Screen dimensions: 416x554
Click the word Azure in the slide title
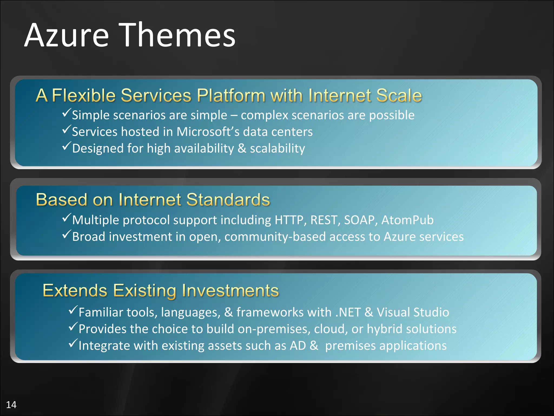pos(67,35)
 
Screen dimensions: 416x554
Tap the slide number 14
pos(11,405)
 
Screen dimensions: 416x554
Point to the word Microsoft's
pos(208,132)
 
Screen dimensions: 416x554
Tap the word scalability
pos(277,149)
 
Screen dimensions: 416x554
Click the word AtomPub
pos(407,220)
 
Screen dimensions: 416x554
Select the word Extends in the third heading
pos(75,290)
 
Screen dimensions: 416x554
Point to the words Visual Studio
pos(413,312)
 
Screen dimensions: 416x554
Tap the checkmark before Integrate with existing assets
pos(73,343)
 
